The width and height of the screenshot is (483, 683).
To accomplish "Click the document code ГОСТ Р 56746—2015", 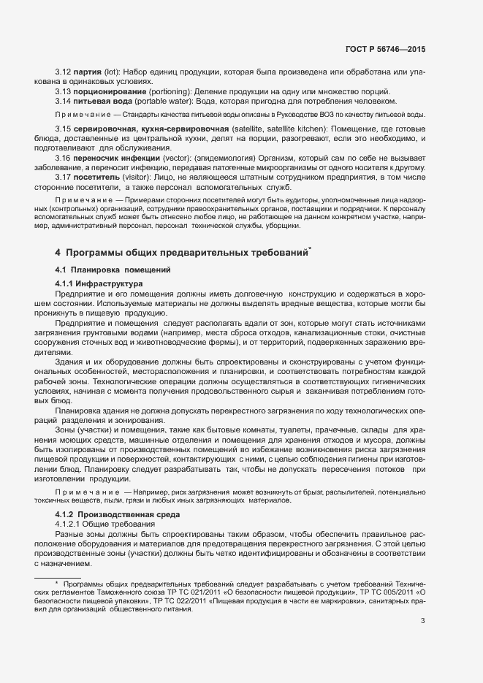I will point(385,50).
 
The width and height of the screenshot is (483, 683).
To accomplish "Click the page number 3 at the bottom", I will point(423,621).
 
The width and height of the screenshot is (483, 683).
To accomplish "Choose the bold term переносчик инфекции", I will point(108,158).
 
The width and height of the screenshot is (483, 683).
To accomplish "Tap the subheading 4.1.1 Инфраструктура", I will point(99,283).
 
